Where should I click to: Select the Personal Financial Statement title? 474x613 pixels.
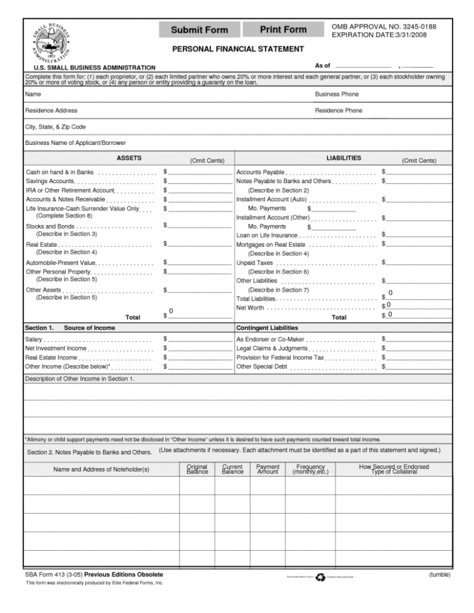point(238,49)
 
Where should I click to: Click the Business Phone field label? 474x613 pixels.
point(336,94)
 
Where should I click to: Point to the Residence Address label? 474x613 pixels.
point(51,110)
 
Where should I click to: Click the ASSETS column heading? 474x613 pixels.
point(130,158)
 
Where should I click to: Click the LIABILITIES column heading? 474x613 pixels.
point(344,158)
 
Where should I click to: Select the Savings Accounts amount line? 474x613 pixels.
point(199,181)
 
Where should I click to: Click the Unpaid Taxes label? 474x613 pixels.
point(255,263)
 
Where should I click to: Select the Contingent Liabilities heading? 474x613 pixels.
point(267,327)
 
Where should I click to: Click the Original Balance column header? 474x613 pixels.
point(196,469)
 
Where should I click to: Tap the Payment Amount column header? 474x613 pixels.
point(268,469)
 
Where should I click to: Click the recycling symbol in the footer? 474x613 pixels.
point(320,577)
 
